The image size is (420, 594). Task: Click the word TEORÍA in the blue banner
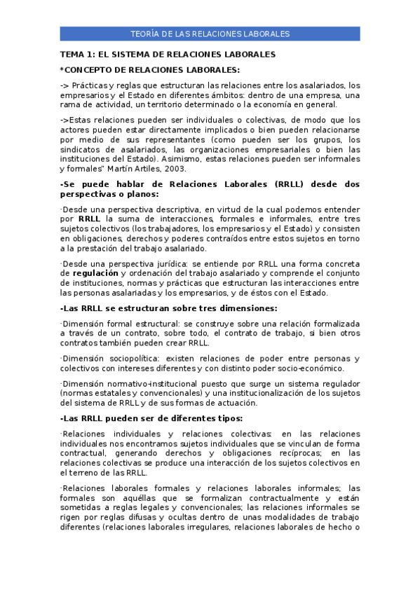[145, 34]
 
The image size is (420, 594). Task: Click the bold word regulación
[95, 273]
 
